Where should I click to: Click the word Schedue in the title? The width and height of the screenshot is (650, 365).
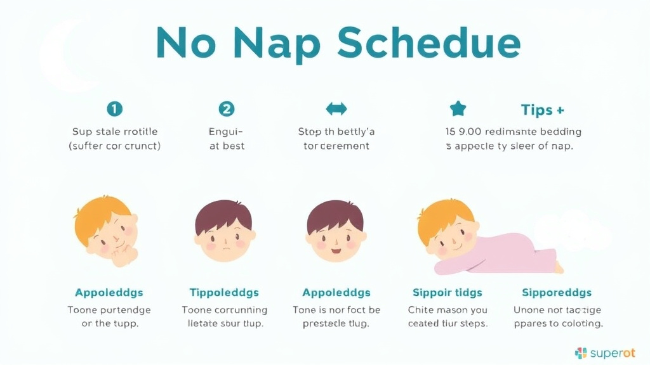click(x=428, y=43)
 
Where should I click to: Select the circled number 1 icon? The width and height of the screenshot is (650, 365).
click(x=114, y=109)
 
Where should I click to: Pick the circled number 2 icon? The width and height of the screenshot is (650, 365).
click(x=226, y=109)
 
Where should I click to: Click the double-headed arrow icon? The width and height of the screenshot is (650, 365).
click(x=336, y=109)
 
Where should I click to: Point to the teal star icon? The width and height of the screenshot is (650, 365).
click(x=458, y=109)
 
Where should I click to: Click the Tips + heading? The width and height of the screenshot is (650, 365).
click(x=542, y=110)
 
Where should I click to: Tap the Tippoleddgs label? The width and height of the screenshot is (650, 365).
click(x=223, y=293)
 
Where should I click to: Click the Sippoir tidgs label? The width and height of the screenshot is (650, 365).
click(x=447, y=293)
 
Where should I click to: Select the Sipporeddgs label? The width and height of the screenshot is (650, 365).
click(x=556, y=293)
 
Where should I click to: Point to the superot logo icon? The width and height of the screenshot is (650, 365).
click(x=581, y=353)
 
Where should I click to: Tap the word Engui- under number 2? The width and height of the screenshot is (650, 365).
click(x=226, y=132)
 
